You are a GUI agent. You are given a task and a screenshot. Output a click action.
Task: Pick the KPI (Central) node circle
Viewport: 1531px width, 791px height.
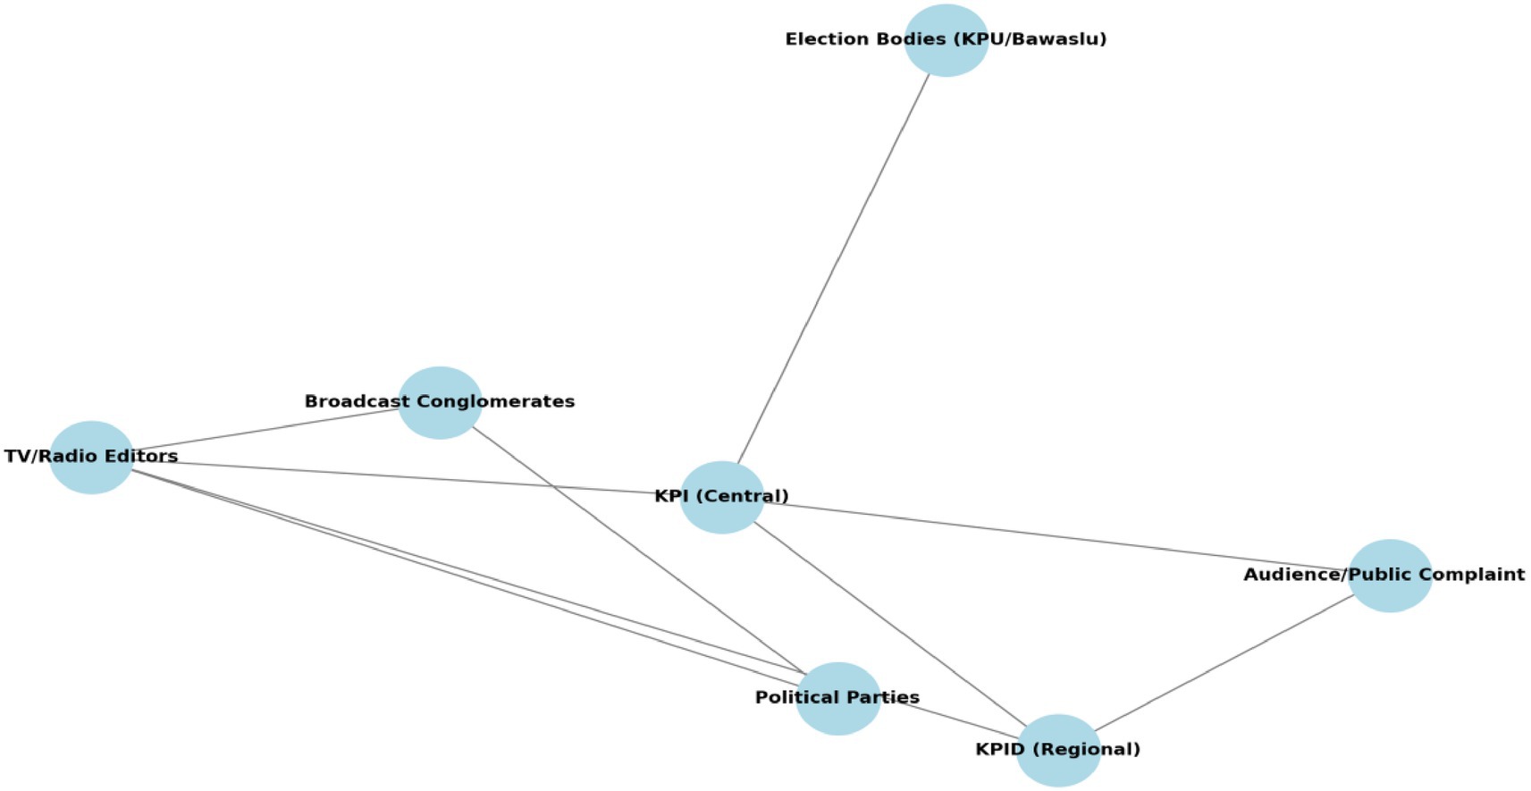[721, 517]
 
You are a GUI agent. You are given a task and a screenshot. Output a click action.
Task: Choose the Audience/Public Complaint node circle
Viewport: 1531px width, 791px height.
[1389, 594]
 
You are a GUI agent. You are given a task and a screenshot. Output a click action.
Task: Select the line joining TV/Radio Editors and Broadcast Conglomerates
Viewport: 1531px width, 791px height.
[268, 429]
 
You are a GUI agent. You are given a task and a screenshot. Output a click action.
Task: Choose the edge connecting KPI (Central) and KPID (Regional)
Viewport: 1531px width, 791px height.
[889, 623]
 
